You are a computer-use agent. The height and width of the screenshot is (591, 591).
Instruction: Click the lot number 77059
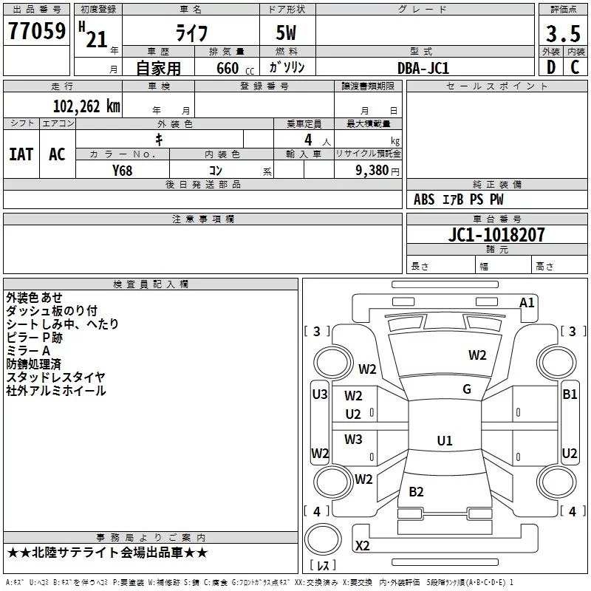pos(37,31)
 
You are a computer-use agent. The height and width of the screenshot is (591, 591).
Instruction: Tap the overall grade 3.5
pos(563,33)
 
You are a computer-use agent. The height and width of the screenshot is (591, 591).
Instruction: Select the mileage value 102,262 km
pos(86,106)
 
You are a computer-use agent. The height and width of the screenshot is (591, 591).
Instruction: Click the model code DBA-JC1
pos(423,68)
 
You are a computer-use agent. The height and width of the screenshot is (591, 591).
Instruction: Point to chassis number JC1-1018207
pos(496,235)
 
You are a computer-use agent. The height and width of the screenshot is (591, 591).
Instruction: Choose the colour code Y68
pos(122,171)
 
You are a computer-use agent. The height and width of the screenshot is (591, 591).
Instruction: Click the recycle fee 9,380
pos(372,171)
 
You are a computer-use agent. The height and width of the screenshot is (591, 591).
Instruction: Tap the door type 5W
pos(286,33)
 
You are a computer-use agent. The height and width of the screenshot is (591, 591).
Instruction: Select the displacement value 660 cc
pos(235,69)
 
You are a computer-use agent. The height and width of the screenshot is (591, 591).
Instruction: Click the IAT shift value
pos(21,154)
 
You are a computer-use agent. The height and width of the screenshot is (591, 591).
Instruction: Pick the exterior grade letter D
pos(551,67)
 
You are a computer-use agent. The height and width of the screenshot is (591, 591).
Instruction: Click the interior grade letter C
pos(575,67)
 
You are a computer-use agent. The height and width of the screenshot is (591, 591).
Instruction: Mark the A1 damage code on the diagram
pos(527,303)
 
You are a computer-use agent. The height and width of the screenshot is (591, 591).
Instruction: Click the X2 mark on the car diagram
pos(362,546)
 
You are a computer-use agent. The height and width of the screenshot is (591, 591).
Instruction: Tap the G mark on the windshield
pos(467,389)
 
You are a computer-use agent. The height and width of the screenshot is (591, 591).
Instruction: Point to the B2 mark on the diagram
pos(416,492)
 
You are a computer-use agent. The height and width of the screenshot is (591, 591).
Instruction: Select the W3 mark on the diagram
pos(353,439)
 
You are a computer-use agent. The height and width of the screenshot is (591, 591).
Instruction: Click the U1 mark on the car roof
pos(445,440)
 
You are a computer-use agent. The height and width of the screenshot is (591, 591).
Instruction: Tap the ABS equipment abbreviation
pos(424,199)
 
